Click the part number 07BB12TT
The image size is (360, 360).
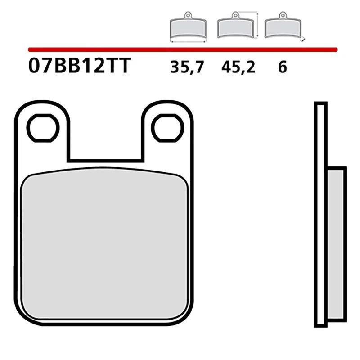pyautogui.click(x=79, y=66)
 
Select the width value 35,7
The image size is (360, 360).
pyautogui.click(x=187, y=67)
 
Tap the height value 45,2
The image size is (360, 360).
pyautogui.click(x=238, y=67)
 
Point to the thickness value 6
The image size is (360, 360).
pyautogui.click(x=282, y=67)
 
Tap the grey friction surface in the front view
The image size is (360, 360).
pyautogui.click(x=104, y=243)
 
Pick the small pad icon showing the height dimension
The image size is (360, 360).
pyautogui.click(x=234, y=29)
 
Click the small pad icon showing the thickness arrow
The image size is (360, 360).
pyautogui.click(x=282, y=29)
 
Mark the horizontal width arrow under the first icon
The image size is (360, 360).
pyautogui.click(x=188, y=42)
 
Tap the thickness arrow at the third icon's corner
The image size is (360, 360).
pyautogui.click(x=303, y=40)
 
